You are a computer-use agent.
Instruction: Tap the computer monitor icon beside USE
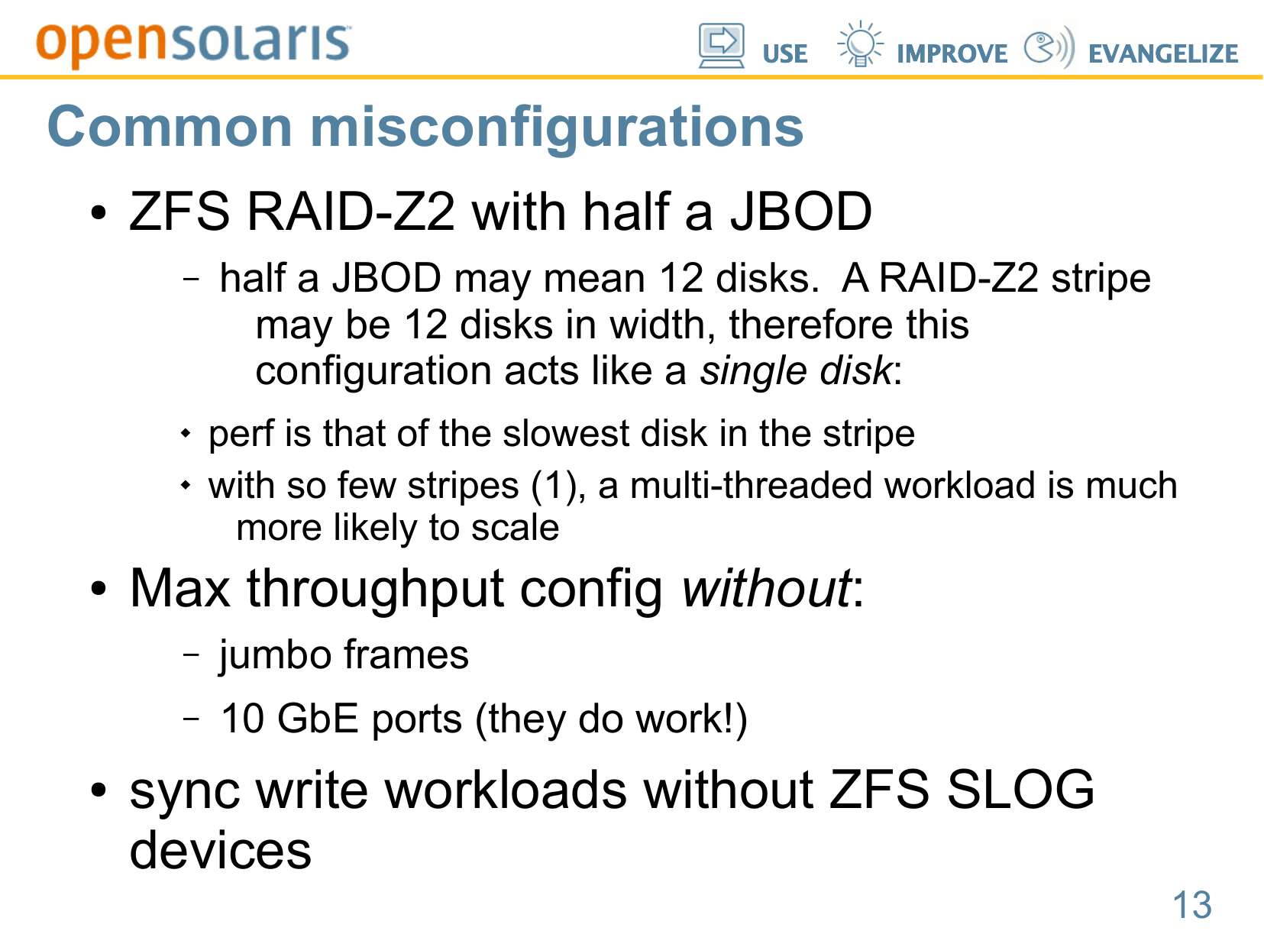pyautogui.click(x=721, y=46)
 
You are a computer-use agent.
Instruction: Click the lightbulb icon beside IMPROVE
pyautogui.click(x=860, y=44)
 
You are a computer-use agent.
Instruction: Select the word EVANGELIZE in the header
pyautogui.click(x=1162, y=53)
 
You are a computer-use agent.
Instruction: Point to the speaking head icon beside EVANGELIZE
pyautogui.click(x=1049, y=47)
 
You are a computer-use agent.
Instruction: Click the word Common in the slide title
pyautogui.click(x=170, y=128)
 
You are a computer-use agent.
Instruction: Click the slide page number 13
pyautogui.click(x=1192, y=904)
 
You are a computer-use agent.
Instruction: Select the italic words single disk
pyautogui.click(x=796, y=370)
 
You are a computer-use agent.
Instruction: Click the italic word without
pyautogui.click(x=766, y=588)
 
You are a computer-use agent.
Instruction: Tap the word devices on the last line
pyautogui.click(x=221, y=851)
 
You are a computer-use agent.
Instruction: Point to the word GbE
pyautogui.click(x=317, y=719)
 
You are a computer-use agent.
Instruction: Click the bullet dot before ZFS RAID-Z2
pyautogui.click(x=99, y=212)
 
